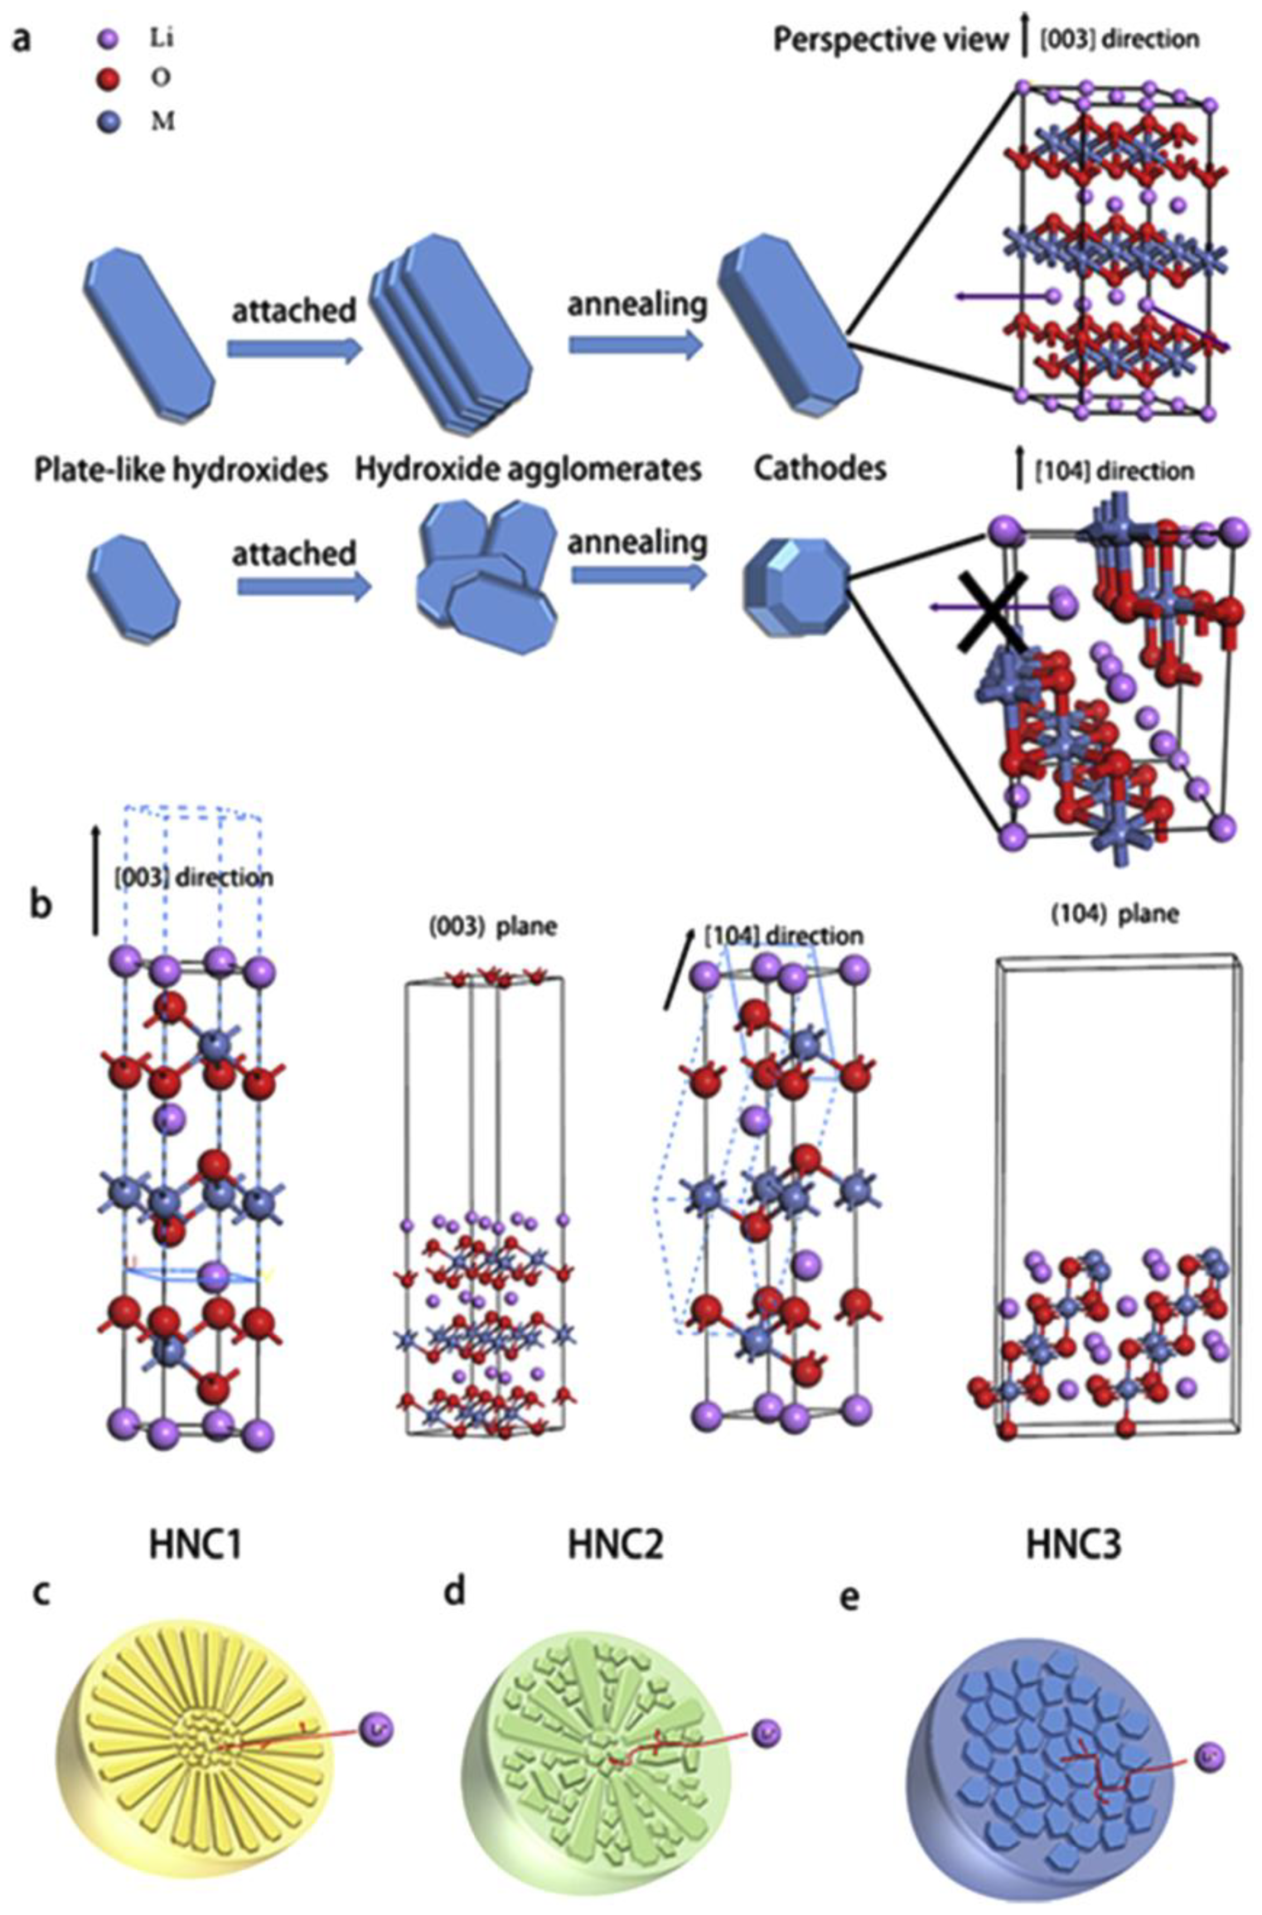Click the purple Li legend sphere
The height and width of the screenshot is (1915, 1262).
tap(113, 38)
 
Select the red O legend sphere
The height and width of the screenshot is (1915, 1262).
tap(113, 79)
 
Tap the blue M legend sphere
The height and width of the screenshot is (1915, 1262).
tap(113, 123)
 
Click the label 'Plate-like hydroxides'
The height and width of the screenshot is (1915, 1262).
tap(181, 469)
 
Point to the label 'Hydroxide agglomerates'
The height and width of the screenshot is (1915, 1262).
tap(528, 469)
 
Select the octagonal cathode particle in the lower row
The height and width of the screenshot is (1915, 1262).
tap(794, 589)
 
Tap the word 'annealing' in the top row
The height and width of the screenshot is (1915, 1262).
tap(637, 304)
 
